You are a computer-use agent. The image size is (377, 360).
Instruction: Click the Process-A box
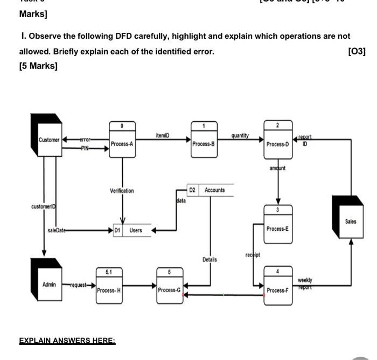[122, 140]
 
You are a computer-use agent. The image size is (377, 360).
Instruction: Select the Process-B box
[204, 140]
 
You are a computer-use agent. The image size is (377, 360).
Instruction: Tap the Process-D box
[278, 140]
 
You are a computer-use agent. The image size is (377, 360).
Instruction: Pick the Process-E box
[278, 225]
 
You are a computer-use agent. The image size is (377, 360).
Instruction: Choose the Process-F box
[278, 286]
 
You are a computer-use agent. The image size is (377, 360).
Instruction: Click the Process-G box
[169, 286]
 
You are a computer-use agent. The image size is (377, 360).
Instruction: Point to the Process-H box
[109, 286]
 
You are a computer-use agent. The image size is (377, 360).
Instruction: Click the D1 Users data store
[131, 231]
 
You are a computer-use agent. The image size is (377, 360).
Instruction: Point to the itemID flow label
[162, 136]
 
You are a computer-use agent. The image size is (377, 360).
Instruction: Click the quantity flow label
[240, 136]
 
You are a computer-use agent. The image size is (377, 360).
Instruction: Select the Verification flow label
[122, 191]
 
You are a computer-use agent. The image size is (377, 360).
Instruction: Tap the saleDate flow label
[56, 230]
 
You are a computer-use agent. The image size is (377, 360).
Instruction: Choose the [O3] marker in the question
[357, 51]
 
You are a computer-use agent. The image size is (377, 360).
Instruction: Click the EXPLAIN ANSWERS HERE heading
[67, 341]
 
